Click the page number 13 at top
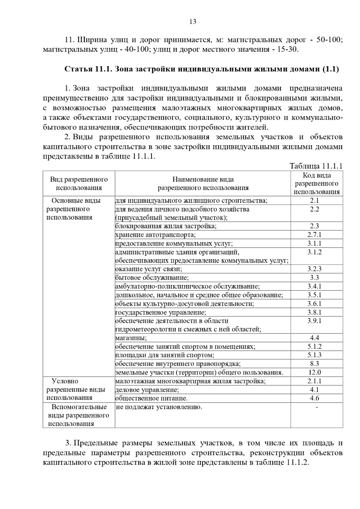[193, 22]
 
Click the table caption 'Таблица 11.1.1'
[316, 166]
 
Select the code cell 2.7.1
[314, 235]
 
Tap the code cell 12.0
[314, 372]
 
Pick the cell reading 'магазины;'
[131, 338]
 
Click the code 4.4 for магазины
[314, 338]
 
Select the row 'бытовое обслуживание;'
[152, 278]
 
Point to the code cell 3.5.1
[314, 295]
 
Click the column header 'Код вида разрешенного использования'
[316, 183]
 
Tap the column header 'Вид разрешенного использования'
[79, 183]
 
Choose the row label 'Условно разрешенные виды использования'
[76, 389]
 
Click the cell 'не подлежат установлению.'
[159, 407]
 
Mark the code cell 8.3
[314, 364]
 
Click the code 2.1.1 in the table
[314, 381]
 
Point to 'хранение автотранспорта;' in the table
[155, 235]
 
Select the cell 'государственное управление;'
[161, 313]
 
